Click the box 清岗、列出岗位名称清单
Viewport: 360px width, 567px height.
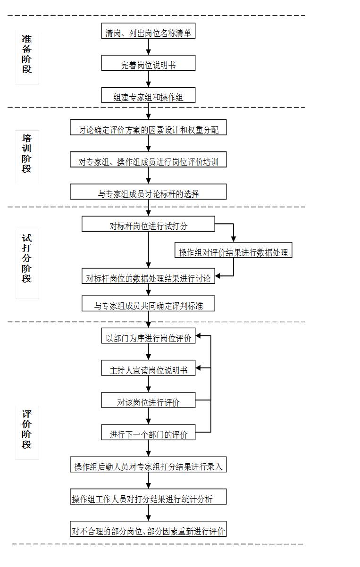tap(148, 31)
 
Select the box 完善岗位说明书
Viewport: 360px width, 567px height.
tap(148, 63)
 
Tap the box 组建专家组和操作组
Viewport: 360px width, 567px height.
tap(148, 95)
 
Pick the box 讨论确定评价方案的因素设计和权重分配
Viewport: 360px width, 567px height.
tap(148, 127)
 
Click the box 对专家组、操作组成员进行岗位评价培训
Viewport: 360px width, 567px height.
tap(148, 159)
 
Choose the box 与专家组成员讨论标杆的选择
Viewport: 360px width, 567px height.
tap(148, 192)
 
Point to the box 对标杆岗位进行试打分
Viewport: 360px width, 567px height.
tap(148, 224)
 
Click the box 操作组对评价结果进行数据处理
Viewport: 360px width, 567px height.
tap(233, 250)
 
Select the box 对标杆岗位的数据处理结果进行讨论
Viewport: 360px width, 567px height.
tap(148, 276)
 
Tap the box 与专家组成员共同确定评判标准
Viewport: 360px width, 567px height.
tap(148, 303)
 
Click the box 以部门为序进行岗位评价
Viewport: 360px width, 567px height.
tap(148, 336)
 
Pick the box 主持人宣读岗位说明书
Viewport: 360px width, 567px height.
tap(148, 368)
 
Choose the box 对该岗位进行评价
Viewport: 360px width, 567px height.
tap(148, 400)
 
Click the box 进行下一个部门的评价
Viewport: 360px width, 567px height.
tap(148, 432)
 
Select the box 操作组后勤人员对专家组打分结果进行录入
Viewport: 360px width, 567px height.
tap(148, 464)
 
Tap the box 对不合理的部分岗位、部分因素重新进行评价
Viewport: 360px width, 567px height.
tap(148, 528)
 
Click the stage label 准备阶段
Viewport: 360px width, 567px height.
tap(27, 54)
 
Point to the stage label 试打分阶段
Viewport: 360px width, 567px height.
tap(27, 258)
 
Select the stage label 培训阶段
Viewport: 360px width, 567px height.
tap(27, 154)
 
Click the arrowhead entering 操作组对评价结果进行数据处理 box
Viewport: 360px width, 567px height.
tap(233, 240)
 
